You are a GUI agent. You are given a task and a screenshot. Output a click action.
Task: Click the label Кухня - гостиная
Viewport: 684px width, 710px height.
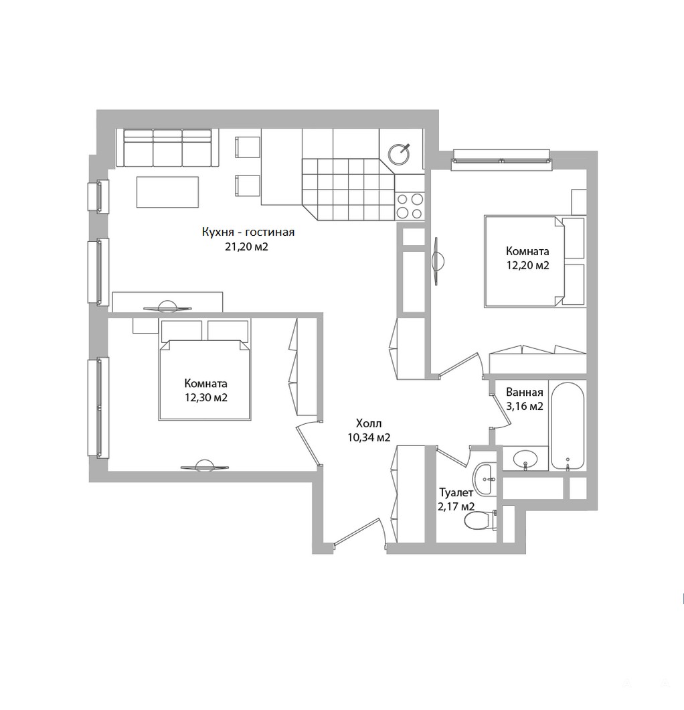248,232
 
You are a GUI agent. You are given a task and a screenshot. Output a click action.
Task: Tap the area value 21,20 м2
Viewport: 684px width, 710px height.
246,246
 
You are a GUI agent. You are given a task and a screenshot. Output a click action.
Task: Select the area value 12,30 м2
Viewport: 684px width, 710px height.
206,398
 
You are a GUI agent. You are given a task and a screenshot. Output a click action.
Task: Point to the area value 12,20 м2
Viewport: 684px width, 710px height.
527,265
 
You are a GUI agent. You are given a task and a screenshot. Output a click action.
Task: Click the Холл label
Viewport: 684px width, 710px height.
369,424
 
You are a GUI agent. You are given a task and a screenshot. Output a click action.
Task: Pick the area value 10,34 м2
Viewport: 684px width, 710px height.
369,438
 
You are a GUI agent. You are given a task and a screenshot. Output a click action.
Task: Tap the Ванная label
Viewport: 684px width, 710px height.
524,392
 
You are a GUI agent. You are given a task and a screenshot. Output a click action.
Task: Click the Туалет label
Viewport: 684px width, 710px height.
456,492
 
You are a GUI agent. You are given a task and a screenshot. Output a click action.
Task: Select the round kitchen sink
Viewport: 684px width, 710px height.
400,153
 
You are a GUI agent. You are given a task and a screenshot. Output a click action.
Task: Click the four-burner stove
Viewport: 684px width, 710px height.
410,206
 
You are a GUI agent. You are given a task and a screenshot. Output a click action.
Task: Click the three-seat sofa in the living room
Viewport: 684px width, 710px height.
167,148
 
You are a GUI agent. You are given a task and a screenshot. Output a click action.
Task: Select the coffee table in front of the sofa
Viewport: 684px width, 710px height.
167,192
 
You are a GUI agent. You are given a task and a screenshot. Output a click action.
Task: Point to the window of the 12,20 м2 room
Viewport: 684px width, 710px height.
502,160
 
